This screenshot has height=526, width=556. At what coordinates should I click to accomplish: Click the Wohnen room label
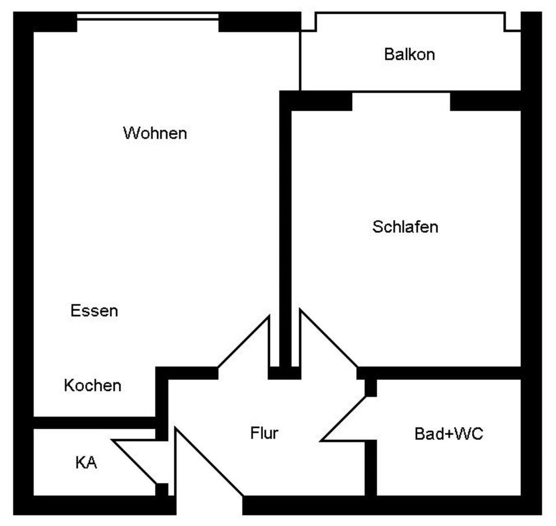pos(155,133)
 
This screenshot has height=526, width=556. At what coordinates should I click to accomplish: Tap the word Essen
pos(94,311)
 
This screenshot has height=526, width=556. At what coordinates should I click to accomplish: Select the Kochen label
pos(93,385)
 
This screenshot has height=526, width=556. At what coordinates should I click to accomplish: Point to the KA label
pos(86,463)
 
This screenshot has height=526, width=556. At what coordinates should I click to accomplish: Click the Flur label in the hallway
pos(264,433)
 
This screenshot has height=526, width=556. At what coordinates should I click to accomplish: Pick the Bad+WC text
pos(448,433)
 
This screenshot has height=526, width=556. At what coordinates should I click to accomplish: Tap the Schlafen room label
pos(405,227)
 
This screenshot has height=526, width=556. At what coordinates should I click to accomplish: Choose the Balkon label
pos(409,55)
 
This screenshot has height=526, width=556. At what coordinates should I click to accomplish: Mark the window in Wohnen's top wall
pos(148,17)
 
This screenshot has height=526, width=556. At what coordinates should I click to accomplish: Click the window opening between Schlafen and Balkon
pos(401,93)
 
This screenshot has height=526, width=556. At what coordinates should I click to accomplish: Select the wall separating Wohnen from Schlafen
pos(285,232)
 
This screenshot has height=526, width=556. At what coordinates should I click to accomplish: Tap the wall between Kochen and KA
pos(93,422)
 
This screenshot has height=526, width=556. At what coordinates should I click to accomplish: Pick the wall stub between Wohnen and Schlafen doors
pos(284,372)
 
